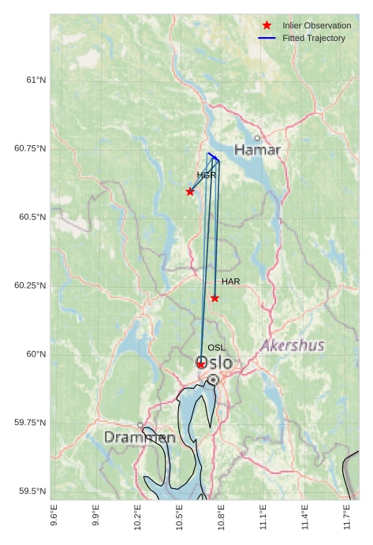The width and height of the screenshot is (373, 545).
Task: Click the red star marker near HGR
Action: (190, 192)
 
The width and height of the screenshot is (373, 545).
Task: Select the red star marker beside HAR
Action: (214, 298)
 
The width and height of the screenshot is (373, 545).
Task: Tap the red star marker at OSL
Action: (201, 364)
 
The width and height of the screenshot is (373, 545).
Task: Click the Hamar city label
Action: (257, 150)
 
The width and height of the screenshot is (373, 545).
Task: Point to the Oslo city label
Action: (214, 364)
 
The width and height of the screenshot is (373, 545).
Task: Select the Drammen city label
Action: (140, 437)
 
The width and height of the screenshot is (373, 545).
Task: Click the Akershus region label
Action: (292, 345)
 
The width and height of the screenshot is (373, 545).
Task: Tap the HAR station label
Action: (230, 282)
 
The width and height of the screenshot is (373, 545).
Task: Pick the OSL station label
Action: (216, 347)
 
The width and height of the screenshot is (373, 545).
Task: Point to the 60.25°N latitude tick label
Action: (30, 286)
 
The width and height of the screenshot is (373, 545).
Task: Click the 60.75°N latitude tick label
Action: (30, 148)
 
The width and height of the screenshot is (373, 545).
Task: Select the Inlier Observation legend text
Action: (316, 26)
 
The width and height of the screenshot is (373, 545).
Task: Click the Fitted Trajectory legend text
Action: (314, 39)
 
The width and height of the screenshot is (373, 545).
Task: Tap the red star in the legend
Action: (267, 26)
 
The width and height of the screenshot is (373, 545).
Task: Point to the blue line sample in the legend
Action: (267, 39)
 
